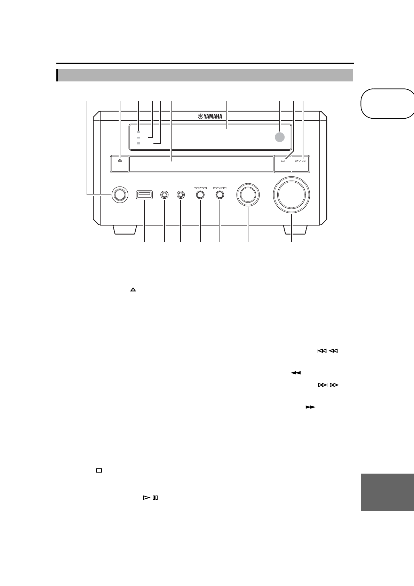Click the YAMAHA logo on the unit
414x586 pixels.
(x=210, y=116)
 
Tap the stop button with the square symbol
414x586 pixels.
(x=283, y=161)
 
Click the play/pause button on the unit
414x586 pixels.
(x=300, y=161)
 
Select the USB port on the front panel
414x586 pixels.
(x=144, y=195)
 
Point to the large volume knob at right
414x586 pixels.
(x=291, y=195)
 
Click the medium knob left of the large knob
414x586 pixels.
(x=248, y=195)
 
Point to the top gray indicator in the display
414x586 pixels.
(x=138, y=132)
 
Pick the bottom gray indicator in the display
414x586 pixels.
(x=138, y=143)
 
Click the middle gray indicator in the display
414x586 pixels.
(x=138, y=138)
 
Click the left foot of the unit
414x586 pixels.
(x=124, y=230)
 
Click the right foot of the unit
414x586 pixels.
(x=295, y=230)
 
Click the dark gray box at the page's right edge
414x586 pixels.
(x=387, y=492)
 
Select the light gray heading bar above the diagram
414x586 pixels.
(x=205, y=75)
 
